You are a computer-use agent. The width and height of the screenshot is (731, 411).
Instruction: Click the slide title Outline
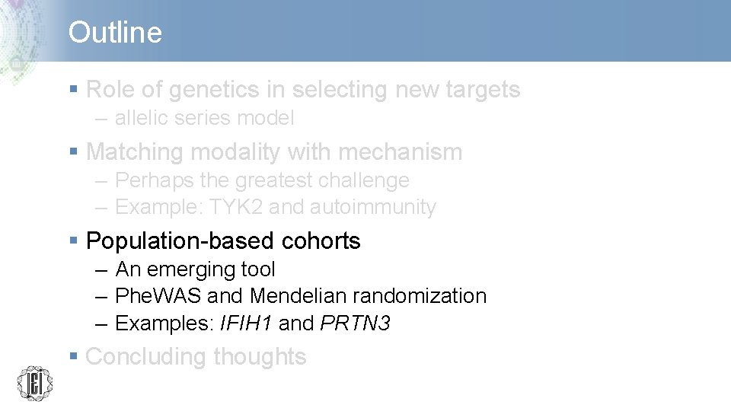click(115, 33)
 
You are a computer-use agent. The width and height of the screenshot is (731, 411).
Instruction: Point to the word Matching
click(135, 152)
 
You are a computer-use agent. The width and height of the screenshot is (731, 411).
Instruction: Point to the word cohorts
click(321, 241)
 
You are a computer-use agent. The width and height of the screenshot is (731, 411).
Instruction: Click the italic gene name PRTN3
click(356, 323)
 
